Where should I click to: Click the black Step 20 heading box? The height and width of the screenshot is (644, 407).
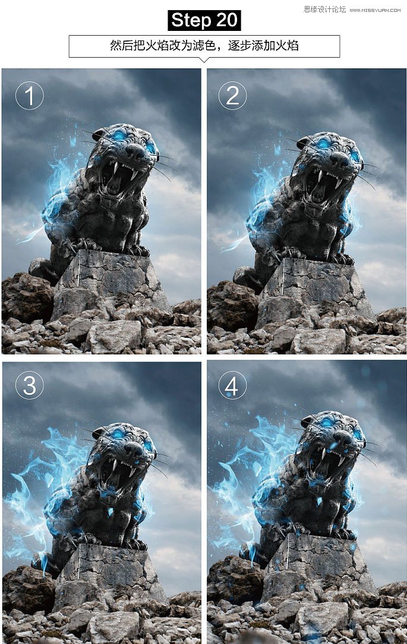click(204, 21)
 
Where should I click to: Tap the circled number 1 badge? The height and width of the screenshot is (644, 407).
click(30, 96)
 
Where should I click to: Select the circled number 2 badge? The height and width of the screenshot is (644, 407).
click(232, 96)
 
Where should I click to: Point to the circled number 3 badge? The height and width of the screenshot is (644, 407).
click(30, 385)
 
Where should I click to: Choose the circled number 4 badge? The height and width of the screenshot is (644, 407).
click(232, 385)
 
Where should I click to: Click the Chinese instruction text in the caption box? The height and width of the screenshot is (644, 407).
click(204, 45)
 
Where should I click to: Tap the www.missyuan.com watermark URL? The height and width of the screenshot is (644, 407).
click(375, 10)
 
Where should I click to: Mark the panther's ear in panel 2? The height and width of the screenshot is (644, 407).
click(305, 142)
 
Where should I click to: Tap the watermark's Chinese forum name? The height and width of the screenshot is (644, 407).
click(324, 10)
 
